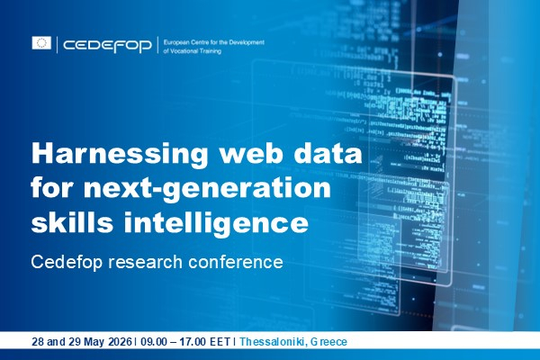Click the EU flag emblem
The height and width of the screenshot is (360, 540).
click(41, 43)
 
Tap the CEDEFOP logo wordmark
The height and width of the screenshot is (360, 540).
click(106, 44)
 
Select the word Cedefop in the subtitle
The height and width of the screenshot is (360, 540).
click(67, 262)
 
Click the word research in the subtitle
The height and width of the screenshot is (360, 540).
click(152, 262)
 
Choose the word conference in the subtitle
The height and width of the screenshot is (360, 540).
click(238, 262)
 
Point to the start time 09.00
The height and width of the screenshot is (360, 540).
click(151, 342)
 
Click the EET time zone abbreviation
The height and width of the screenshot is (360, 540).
click(221, 342)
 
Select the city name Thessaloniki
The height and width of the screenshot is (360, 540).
click(274, 342)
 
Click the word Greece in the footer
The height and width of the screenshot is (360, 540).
click(328, 342)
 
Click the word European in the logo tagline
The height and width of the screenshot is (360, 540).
click(180, 40)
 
